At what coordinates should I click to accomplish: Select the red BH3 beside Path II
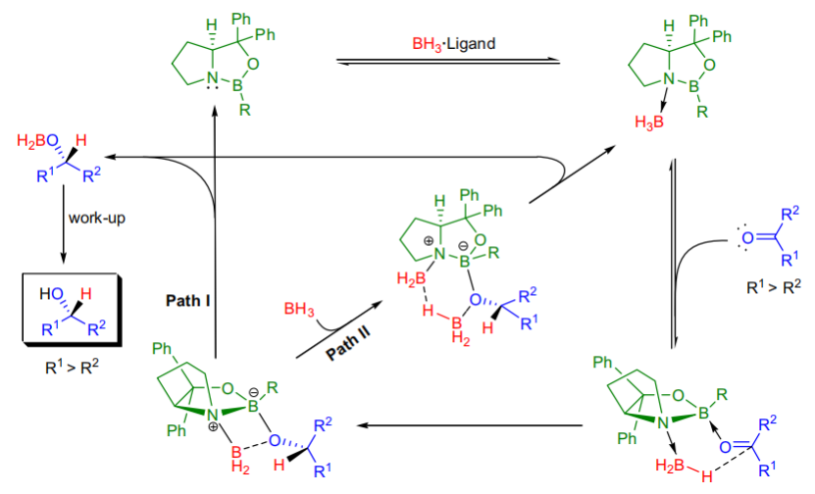coord(297,311)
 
